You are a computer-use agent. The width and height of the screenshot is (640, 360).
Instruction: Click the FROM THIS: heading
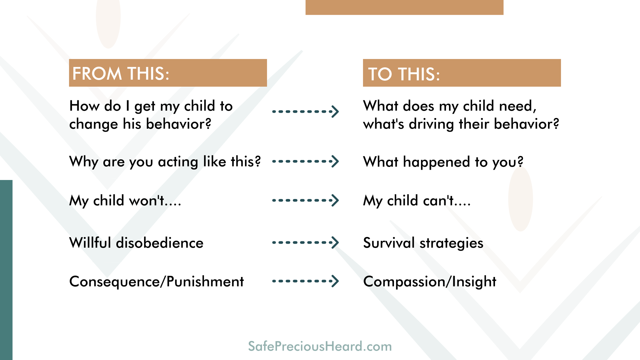[121, 74]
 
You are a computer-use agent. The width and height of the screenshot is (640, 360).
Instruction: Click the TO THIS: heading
[404, 74]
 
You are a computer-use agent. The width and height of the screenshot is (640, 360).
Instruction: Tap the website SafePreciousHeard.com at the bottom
[320, 346]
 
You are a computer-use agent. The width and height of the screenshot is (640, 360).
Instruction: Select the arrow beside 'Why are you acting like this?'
[305, 161]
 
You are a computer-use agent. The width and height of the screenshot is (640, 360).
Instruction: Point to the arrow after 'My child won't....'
[305, 200]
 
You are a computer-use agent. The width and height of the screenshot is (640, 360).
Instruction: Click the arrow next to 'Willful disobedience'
[305, 242]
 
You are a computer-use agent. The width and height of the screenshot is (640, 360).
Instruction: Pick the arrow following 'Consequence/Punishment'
[305, 281]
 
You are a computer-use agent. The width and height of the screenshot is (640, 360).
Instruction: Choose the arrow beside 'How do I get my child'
[305, 111]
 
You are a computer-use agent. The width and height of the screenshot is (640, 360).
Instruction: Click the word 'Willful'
[90, 243]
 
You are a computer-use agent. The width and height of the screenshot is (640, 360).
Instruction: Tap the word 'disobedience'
[160, 243]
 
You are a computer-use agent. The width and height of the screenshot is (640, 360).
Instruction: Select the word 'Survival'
[389, 243]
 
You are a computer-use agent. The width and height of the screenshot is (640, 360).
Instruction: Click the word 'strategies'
[451, 243]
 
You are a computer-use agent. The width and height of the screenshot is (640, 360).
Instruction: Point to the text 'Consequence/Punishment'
[157, 282]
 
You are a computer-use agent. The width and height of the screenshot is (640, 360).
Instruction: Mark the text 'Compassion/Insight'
[430, 282]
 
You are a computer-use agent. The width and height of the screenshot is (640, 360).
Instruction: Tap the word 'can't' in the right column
[438, 201]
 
